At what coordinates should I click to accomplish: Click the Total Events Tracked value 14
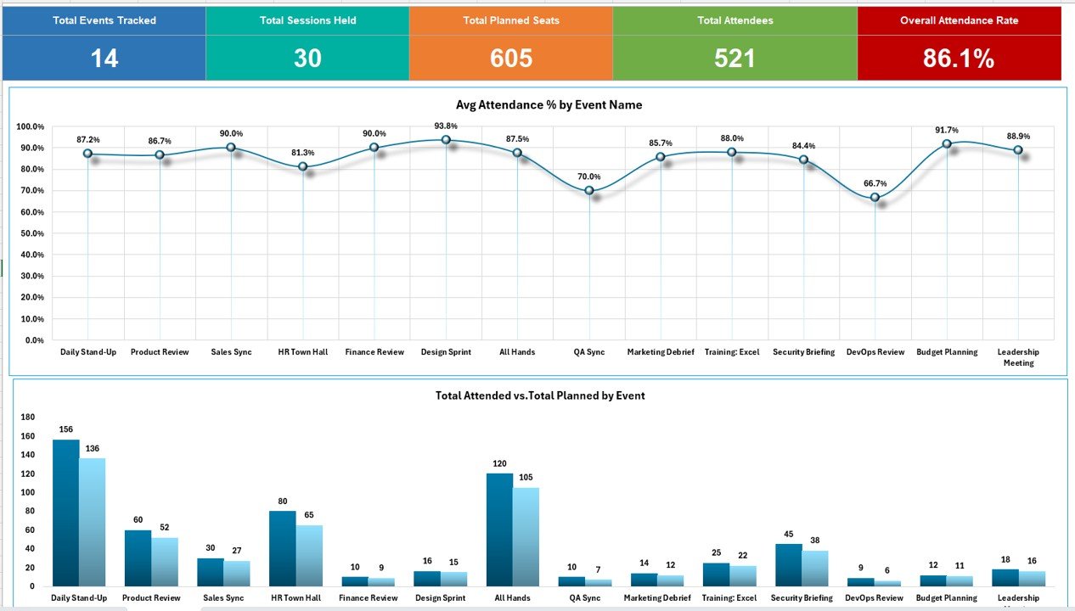tap(104, 58)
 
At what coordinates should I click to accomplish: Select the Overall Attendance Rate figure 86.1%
tap(959, 58)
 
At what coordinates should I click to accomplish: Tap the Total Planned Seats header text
tap(511, 20)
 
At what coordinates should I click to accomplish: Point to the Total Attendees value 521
tap(734, 58)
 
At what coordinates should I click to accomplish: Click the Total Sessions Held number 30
tap(307, 58)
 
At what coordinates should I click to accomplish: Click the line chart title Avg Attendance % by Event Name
tap(537, 105)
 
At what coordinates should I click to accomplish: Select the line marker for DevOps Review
tap(875, 198)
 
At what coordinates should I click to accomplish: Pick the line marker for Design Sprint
tap(446, 140)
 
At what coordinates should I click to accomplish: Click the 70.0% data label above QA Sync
tap(590, 177)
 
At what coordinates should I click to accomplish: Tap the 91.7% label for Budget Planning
tap(947, 130)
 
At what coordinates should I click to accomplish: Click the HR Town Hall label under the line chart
tap(303, 352)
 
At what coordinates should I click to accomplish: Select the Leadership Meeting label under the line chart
tap(1018, 357)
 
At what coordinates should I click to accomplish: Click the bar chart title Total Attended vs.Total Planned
tap(540, 395)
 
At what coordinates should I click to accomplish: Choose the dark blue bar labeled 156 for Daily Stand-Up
tap(66, 513)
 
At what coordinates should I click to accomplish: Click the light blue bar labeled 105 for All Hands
tap(526, 536)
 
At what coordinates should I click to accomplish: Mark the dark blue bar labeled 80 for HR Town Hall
tap(283, 547)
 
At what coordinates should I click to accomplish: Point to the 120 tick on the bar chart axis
tap(27, 474)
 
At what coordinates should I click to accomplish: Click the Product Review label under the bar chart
tap(151, 597)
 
